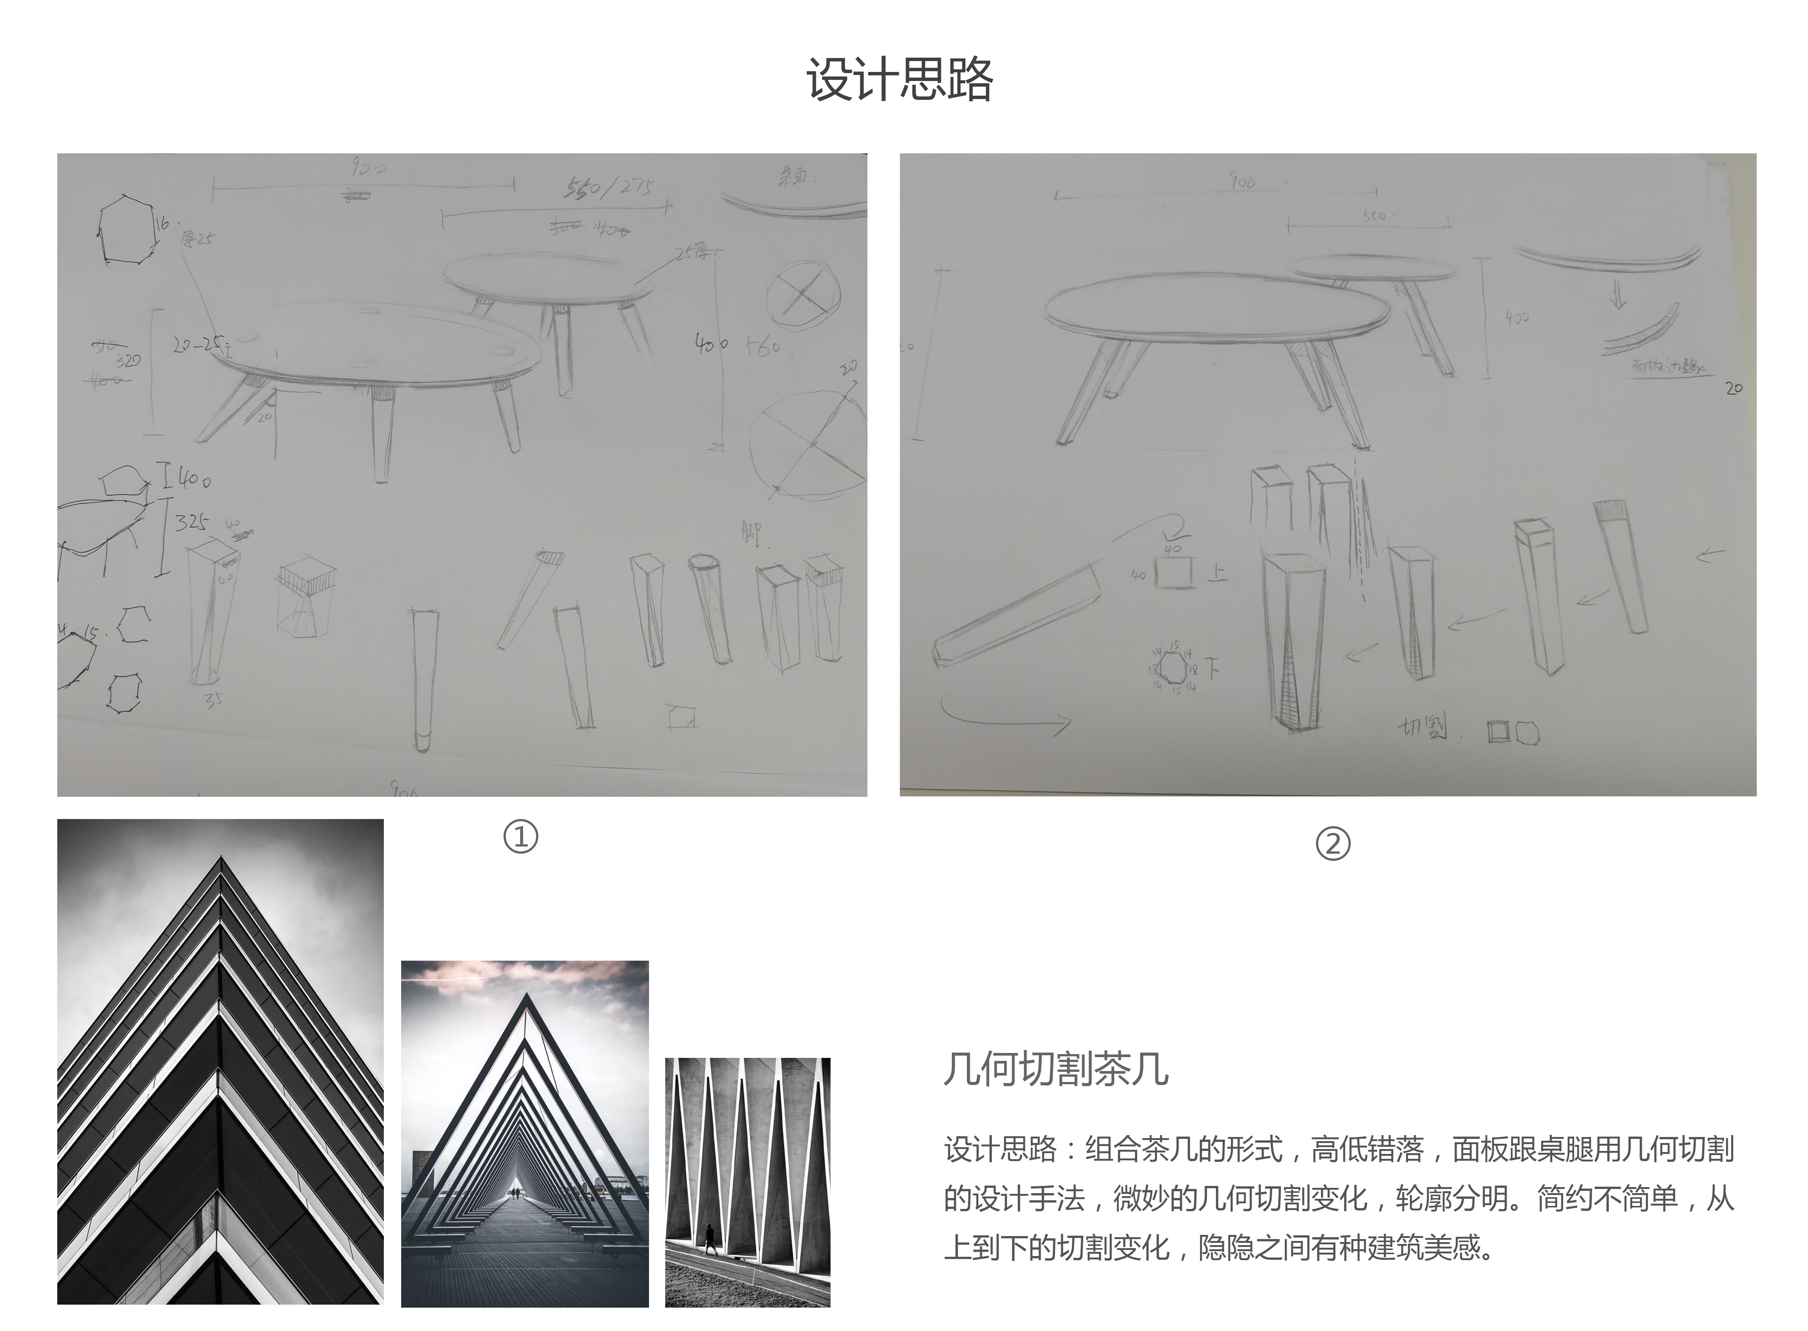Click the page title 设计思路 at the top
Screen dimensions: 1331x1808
pyautogui.click(x=899, y=80)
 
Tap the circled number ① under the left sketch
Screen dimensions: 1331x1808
pyautogui.click(x=520, y=837)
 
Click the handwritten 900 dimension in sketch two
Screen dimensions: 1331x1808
pyautogui.click(x=1242, y=182)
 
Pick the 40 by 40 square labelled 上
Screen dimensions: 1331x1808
pyautogui.click(x=1174, y=573)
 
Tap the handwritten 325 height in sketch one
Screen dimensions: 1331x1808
pyautogui.click(x=192, y=522)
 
